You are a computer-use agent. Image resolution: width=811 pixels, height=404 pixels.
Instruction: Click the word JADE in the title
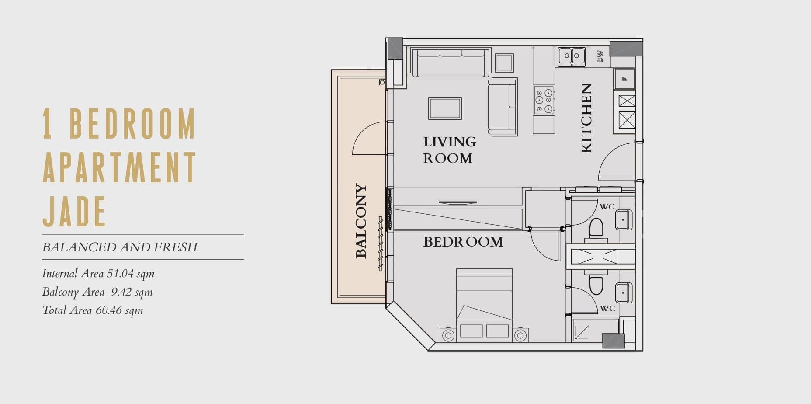[74, 211]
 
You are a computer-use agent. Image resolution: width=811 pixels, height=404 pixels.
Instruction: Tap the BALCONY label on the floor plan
[361, 221]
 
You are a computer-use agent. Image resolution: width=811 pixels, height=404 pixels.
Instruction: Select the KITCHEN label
[586, 118]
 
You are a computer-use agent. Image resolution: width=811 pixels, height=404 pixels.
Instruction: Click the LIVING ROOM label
[449, 150]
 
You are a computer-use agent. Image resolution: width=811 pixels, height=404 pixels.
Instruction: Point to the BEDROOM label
[463, 242]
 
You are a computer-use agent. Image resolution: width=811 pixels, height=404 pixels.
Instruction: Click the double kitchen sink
[572, 56]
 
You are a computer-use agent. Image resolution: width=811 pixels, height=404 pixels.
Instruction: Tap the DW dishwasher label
[600, 56]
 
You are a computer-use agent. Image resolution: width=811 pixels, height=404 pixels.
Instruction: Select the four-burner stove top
[544, 100]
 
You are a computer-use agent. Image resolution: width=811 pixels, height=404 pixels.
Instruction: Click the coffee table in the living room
[445, 108]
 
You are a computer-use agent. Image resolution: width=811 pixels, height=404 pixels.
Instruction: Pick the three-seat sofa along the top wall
[451, 63]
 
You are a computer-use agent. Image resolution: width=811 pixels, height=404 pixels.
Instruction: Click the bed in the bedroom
[484, 305]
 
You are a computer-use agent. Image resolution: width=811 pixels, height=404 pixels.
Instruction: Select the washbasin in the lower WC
[624, 293]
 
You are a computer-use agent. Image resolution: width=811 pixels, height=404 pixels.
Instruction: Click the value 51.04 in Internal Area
[120, 274]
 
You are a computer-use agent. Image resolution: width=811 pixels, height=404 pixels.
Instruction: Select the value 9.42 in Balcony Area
[121, 292]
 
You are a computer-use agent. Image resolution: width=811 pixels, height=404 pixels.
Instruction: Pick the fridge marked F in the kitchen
[624, 79]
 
